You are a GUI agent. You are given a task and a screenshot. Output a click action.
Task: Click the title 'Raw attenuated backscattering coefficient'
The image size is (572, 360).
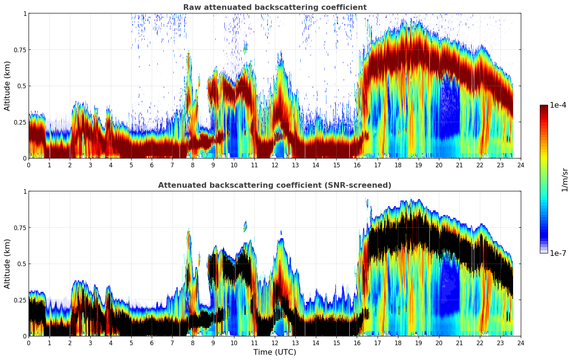(x=275, y=7)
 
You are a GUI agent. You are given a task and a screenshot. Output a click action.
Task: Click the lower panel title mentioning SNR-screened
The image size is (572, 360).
(x=275, y=185)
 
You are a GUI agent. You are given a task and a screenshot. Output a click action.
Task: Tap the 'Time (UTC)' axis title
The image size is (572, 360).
(x=275, y=352)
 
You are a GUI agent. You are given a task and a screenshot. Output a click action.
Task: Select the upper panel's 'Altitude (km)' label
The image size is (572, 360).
(x=7, y=86)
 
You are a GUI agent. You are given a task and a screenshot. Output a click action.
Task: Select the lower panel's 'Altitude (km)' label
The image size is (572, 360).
(x=7, y=264)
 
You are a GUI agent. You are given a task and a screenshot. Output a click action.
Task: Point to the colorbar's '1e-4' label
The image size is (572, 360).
(x=558, y=105)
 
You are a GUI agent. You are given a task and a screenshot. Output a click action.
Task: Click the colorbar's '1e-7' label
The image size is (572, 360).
(x=558, y=253)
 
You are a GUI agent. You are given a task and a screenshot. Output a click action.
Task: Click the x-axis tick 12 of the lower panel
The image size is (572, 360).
(x=275, y=343)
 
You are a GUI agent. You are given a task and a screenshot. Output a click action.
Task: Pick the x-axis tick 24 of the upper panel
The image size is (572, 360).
(x=521, y=165)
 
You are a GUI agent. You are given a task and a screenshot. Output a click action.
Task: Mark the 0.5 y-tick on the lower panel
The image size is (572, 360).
(x=22, y=264)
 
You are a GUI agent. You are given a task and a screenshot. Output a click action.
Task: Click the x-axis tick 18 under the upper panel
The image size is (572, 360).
(x=398, y=165)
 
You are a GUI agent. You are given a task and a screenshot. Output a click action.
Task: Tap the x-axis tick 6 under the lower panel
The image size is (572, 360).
(x=152, y=343)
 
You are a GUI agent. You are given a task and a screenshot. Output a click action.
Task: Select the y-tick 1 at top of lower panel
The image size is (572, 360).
(x=25, y=192)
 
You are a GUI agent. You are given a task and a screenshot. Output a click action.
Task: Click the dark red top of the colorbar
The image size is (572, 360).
(x=544, y=108)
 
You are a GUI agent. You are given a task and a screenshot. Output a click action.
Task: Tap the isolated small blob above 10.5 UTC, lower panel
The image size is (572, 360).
(x=245, y=226)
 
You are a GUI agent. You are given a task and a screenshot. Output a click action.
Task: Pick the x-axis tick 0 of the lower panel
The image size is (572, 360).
(x=29, y=343)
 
